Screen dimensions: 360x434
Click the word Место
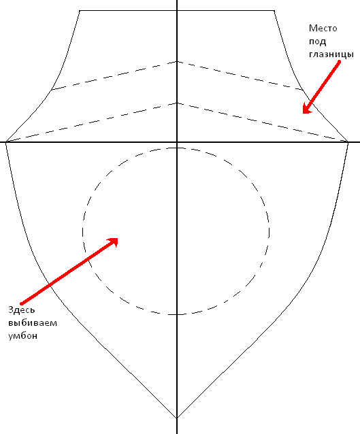323,29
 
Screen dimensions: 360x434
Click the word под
317,41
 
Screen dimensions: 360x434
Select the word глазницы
331,54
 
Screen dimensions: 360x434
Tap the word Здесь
21,310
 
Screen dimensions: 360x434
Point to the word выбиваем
33,322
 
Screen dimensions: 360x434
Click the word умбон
22,336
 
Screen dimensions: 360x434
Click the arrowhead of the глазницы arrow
306,110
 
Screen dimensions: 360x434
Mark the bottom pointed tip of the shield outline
177,418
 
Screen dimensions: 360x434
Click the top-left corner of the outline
80,11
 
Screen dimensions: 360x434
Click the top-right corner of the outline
274,11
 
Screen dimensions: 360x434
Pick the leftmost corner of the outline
6,142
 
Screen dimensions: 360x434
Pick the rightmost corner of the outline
348,142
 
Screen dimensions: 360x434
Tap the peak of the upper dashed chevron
177,61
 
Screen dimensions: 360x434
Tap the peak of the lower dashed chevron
177,103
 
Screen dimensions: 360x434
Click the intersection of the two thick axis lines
177,142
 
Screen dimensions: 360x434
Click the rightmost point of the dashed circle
269,231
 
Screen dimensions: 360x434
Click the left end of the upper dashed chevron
52,89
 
